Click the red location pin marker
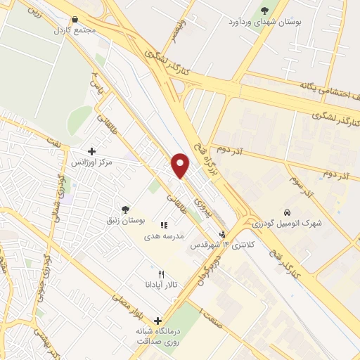coord(181,165)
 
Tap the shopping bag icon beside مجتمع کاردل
coord(75,20)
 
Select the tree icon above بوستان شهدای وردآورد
coord(264,10)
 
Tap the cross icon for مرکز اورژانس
coord(91,151)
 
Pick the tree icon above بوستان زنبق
coord(125,209)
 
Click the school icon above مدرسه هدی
coord(164,225)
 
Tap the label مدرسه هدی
coord(165,236)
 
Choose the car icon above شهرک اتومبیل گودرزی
coord(287,212)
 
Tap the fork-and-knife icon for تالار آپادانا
coord(161,274)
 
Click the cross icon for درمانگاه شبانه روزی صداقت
coord(157,321)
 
